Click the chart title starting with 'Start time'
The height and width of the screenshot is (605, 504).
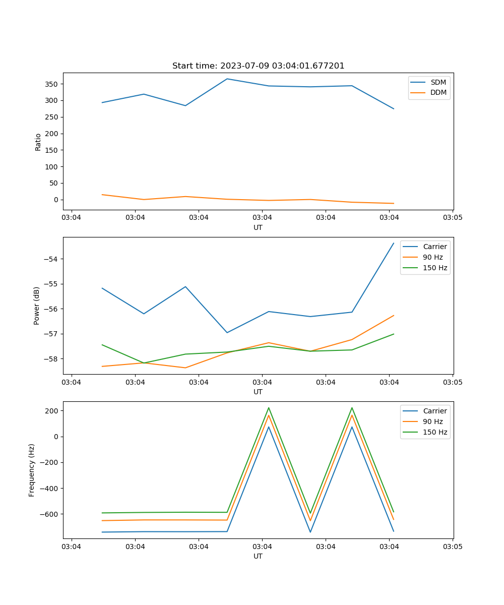pos(258,66)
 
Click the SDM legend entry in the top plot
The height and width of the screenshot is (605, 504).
pos(438,82)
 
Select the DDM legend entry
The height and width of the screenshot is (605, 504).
pos(438,92)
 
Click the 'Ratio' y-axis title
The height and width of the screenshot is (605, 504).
pos(38,142)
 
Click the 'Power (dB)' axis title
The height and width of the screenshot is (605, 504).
pos(37,306)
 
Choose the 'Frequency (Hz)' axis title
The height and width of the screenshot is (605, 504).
pos(32,470)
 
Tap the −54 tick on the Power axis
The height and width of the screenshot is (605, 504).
pos(51,259)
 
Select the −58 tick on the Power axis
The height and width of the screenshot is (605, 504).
pos(51,359)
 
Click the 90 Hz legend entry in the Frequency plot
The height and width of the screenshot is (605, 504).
pos(432,421)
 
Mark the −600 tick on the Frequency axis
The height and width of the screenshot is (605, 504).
pos(49,514)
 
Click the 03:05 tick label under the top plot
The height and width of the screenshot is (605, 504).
pos(453,218)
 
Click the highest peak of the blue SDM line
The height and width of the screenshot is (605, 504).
pos(227,79)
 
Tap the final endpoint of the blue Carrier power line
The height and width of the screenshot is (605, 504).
pos(394,243)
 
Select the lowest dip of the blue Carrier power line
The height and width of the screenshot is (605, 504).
pos(227,333)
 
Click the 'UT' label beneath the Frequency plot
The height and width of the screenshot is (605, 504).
pos(258,556)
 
